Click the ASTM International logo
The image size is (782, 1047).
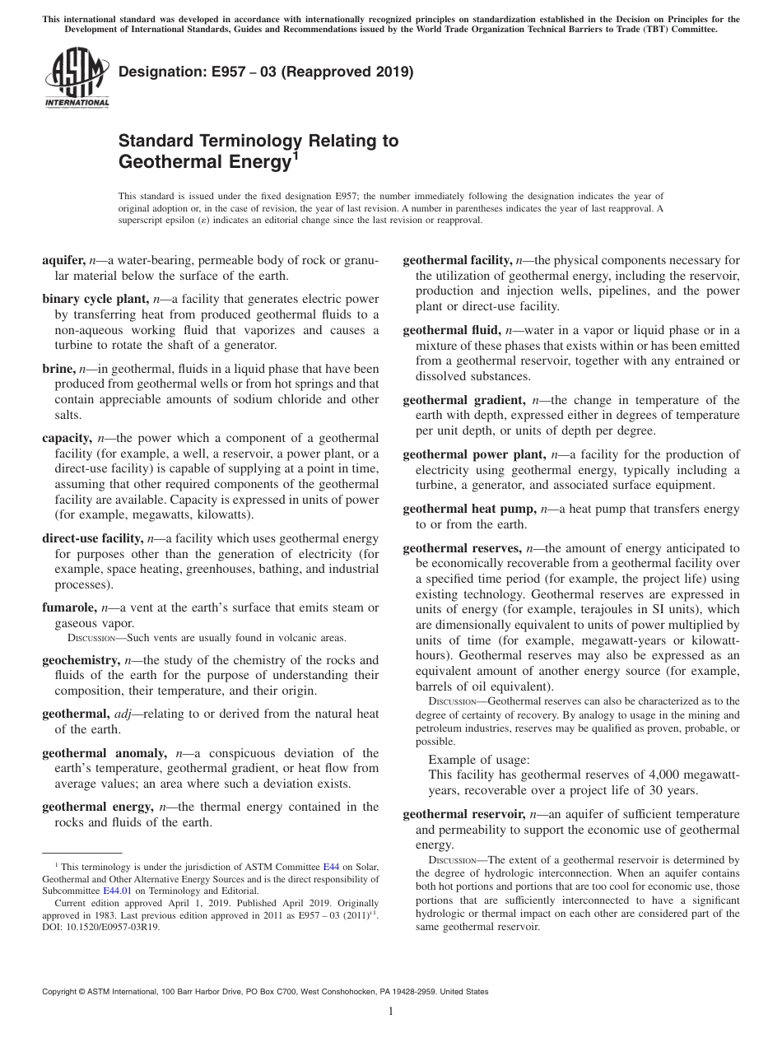(x=76, y=79)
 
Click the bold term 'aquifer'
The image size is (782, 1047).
(x=63, y=260)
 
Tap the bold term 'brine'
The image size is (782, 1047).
(x=58, y=369)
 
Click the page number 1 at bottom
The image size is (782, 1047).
(x=391, y=1012)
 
